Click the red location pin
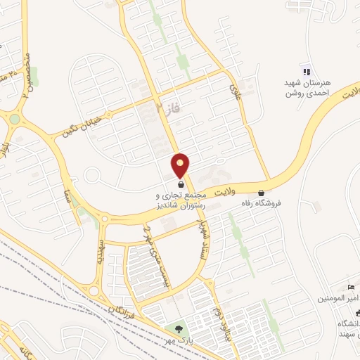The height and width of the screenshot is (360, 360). [x=181, y=165]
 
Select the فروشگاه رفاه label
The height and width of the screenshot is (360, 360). [x=262, y=203]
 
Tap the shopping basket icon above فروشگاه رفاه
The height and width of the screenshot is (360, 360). [x=262, y=193]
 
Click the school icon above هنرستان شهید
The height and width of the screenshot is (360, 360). [x=306, y=71]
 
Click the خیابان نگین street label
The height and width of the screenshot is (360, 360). [x=82, y=126]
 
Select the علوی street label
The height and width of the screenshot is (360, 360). [x=235, y=91]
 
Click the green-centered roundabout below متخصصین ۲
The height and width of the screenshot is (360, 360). [x=15, y=119]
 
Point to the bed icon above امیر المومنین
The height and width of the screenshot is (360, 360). [x=352, y=288]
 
